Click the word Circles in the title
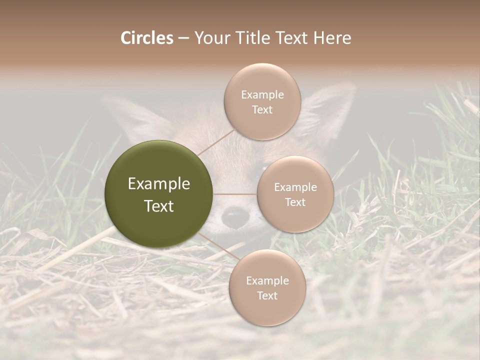pos(146,38)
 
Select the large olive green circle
pos(159,194)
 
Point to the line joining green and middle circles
pos(235,193)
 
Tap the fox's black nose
pos(234,216)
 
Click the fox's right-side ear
pos(327,110)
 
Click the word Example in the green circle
pos(159,184)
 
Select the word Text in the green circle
pos(159,206)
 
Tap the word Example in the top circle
pos(262,95)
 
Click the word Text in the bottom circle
pos(267,295)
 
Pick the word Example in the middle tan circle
pos(295,187)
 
